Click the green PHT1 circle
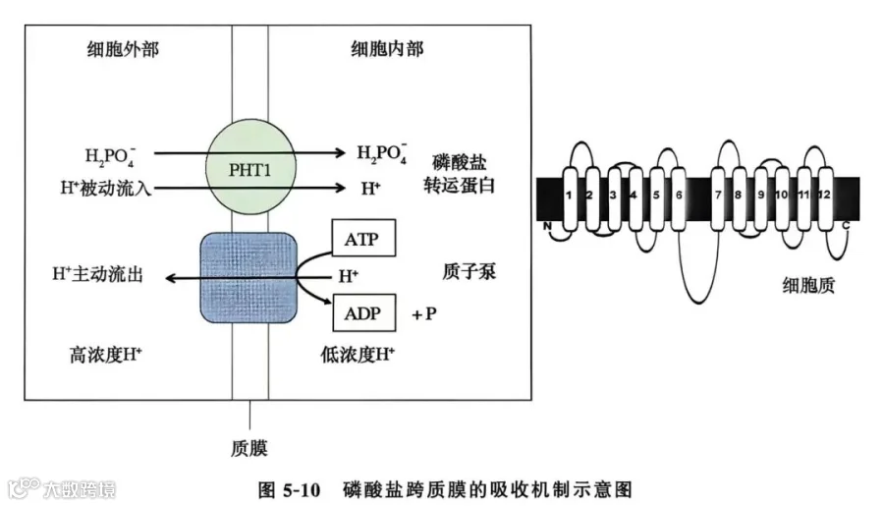(x=250, y=166)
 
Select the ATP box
(x=363, y=238)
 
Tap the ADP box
(x=363, y=312)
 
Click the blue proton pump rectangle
(x=249, y=277)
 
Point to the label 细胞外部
(x=123, y=49)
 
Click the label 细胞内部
(x=387, y=49)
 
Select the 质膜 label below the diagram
(x=249, y=448)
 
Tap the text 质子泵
(x=470, y=272)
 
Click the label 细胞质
(x=808, y=285)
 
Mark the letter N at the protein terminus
(x=547, y=226)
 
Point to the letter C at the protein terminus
(x=846, y=226)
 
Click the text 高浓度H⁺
(x=105, y=355)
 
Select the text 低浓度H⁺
(x=358, y=355)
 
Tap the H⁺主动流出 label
(x=97, y=274)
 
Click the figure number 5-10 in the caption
(x=302, y=489)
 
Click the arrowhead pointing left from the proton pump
(x=170, y=278)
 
